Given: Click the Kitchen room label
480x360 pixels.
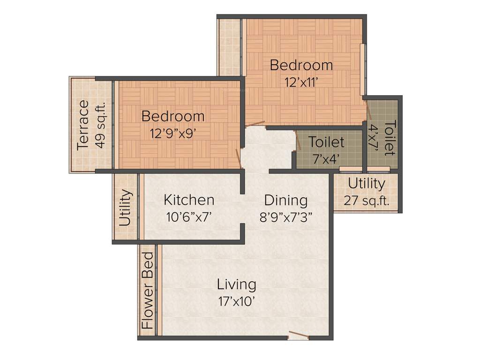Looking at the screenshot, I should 189,200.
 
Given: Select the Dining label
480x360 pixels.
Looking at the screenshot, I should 286,200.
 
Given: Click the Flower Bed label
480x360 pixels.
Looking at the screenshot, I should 148,291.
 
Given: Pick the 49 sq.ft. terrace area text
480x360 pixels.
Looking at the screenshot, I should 100,125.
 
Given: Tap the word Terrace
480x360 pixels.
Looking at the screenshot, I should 83,125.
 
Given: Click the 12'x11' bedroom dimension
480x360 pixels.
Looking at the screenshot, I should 301,82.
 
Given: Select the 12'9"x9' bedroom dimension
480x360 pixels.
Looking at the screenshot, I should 172,133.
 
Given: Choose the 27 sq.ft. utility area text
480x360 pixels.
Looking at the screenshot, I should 367,200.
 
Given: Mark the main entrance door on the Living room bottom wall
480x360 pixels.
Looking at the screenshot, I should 298,335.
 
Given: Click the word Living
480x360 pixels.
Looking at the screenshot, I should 236,285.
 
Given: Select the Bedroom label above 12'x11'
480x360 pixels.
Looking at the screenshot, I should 301,65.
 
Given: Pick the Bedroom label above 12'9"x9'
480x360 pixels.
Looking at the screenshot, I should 173,116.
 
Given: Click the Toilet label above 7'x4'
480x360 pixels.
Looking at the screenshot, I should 327,142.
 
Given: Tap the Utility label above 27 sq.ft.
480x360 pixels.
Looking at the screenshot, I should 367,184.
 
